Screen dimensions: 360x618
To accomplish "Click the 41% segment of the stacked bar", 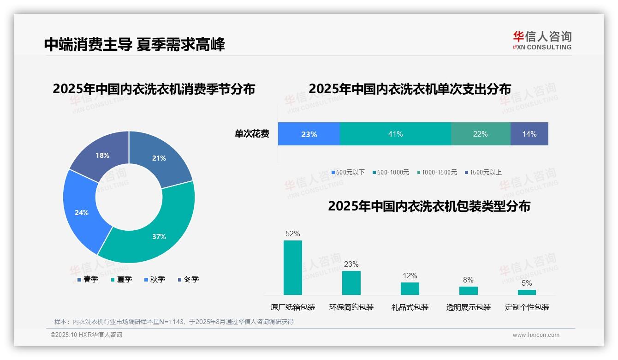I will [x=395, y=134].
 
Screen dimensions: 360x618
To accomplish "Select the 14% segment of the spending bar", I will [x=529, y=134].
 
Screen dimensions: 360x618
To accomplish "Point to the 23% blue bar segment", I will [x=309, y=134].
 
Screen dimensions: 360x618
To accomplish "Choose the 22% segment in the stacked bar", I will [x=480, y=134].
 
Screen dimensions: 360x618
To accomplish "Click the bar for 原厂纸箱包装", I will [x=292, y=267].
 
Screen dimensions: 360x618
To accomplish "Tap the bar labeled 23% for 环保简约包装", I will [x=351, y=282].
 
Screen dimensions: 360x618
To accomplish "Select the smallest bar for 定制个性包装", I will [x=527, y=292].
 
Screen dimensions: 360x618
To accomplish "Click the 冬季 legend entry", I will [x=189, y=279].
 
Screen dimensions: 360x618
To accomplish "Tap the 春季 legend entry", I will [x=88, y=279].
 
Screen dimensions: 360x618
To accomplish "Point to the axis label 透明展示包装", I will [x=468, y=307].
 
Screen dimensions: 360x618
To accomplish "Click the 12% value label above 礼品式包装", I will [x=410, y=276].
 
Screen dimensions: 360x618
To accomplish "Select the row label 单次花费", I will [x=252, y=134].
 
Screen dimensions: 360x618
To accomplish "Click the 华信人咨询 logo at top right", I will [x=542, y=40].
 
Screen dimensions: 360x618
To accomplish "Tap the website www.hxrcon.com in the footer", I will [x=535, y=335].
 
